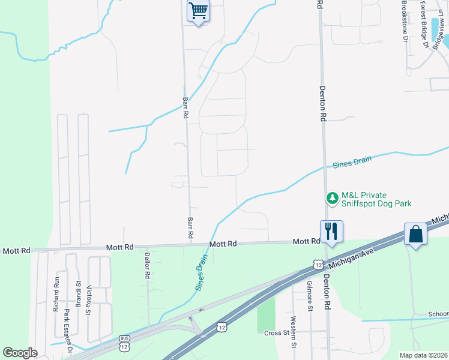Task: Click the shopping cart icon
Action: click(x=198, y=11)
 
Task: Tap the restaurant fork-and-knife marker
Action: click(x=331, y=231)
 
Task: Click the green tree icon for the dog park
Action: click(x=331, y=197)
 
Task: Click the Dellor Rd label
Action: click(x=146, y=265)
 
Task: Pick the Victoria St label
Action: click(x=88, y=293)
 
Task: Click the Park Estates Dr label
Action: click(x=68, y=330)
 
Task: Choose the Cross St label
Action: click(x=277, y=332)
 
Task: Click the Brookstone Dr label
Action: click(x=405, y=21)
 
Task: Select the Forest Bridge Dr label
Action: click(x=424, y=24)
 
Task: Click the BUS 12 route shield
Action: click(x=124, y=340)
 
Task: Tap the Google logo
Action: click(x=20, y=353)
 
